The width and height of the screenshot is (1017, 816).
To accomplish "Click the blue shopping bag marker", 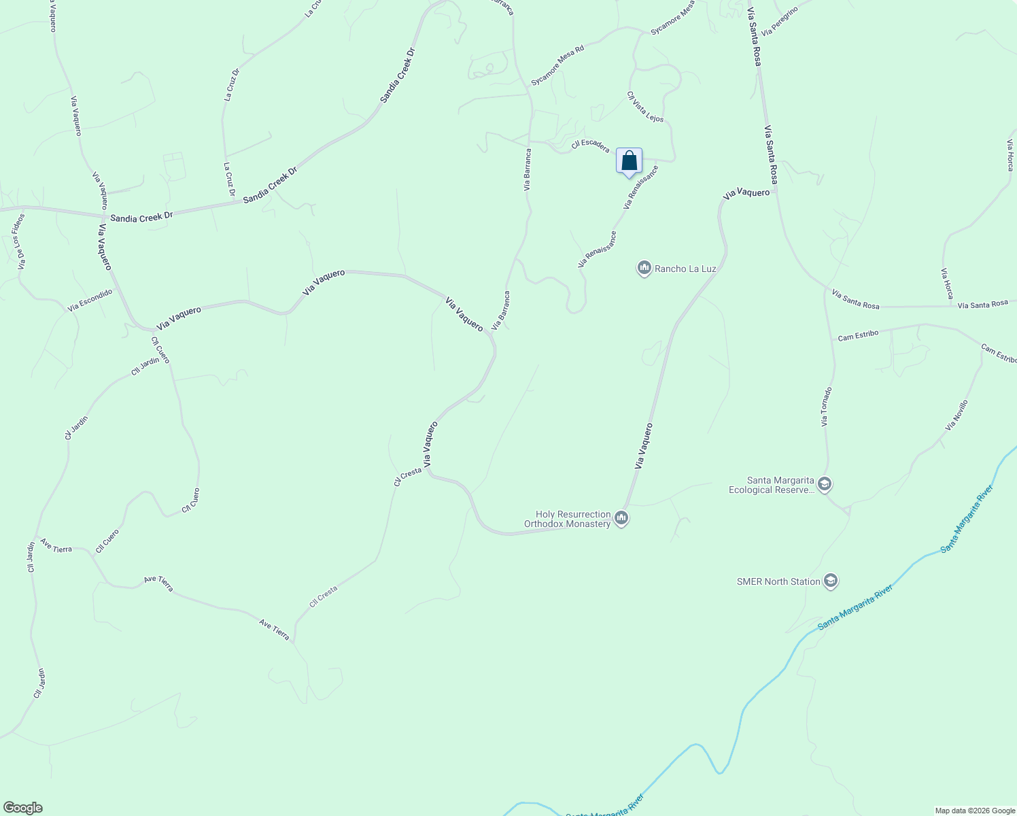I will (x=629, y=161).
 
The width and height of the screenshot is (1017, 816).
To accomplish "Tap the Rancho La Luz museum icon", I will (x=644, y=269).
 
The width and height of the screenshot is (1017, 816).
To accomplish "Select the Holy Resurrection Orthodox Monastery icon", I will (x=621, y=519).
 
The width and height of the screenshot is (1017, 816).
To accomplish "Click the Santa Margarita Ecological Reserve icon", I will (x=825, y=484).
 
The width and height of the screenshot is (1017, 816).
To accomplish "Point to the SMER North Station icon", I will (x=830, y=581).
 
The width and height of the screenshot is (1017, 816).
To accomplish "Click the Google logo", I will (x=22, y=808).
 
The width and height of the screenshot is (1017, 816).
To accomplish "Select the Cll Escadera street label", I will (x=590, y=145).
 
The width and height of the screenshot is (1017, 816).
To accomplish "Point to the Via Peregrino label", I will (x=779, y=21).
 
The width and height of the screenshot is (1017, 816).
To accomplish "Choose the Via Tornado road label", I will (x=826, y=407).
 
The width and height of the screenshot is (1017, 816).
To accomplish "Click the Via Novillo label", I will (x=956, y=415).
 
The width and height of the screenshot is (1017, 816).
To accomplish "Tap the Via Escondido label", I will (x=90, y=300).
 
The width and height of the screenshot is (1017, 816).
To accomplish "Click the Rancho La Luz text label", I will (x=685, y=269).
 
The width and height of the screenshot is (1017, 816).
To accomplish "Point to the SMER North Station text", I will (x=778, y=581).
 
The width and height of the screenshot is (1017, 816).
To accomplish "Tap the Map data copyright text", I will (x=974, y=811).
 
